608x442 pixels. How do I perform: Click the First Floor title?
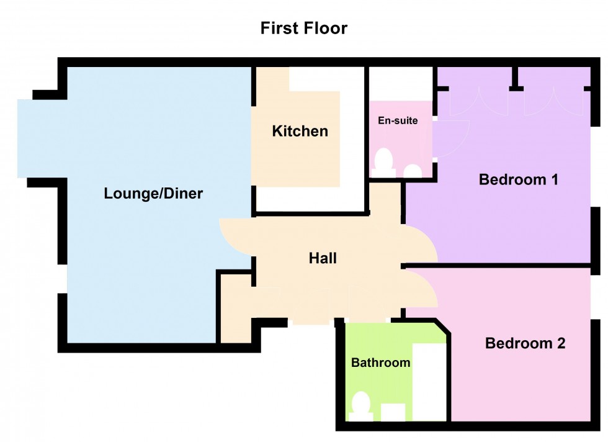(x=303, y=28)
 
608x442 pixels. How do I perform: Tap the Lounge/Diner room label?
(x=153, y=194)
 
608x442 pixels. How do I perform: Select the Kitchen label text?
(x=300, y=131)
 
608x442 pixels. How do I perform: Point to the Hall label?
(x=323, y=258)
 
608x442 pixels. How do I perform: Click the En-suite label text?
(x=398, y=120)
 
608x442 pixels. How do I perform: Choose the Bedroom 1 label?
(x=519, y=180)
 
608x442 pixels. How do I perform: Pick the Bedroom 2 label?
(x=525, y=343)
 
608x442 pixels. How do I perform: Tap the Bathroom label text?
(x=380, y=363)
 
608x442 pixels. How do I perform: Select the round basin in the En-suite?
(x=412, y=171)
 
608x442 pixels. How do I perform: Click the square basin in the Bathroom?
(x=393, y=412)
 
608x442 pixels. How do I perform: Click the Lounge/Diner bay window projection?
(x=40, y=138)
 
